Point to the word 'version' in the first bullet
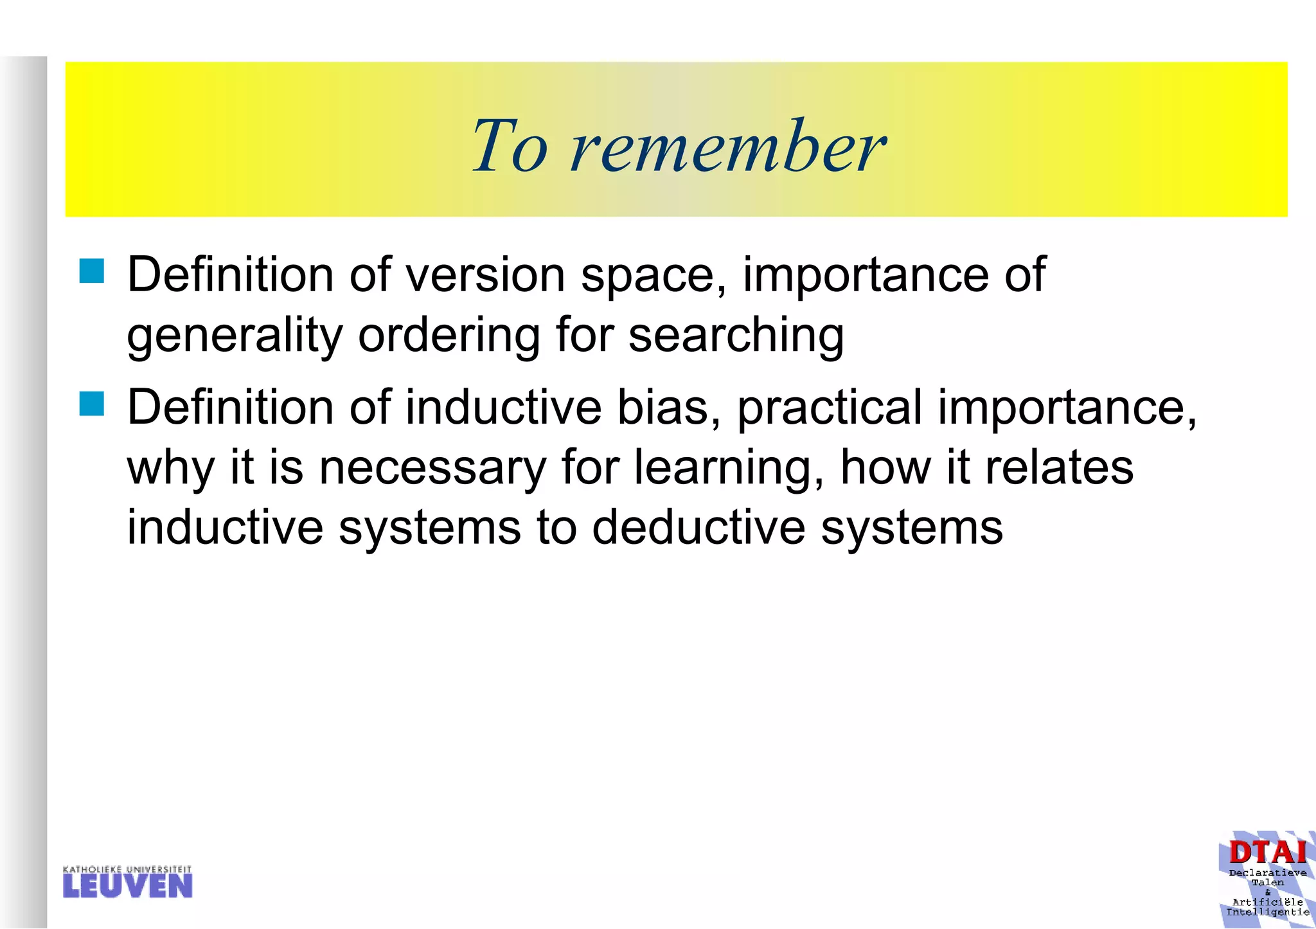pos(485,275)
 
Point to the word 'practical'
pos(829,409)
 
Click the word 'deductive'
pos(698,528)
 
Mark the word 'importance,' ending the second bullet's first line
pos(1067,409)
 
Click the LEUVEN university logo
pos(128,883)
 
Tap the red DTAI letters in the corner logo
pos(1267,853)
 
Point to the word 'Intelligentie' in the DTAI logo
pos(1267,912)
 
